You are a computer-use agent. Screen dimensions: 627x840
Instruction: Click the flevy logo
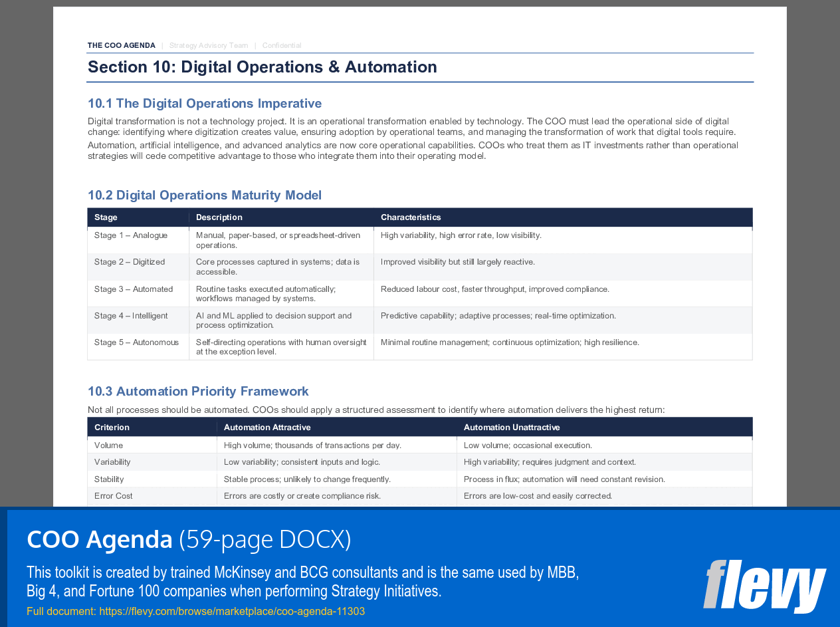pos(764,585)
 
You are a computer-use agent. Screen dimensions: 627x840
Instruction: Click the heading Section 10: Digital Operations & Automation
pos(262,67)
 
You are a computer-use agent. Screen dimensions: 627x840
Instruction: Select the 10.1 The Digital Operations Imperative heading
pos(205,104)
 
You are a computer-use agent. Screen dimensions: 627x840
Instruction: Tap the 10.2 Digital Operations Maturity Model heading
pos(205,195)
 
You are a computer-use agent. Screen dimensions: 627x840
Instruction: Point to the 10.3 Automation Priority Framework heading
pos(198,392)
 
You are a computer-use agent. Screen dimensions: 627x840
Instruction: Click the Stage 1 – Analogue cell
pos(131,235)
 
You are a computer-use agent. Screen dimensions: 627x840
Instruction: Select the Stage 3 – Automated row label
pos(134,289)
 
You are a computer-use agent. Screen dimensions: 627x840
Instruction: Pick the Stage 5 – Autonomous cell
pos(136,342)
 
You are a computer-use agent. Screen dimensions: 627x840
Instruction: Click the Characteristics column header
pos(411,217)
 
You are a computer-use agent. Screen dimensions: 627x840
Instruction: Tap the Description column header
pos(219,217)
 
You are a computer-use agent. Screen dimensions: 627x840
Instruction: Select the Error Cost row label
pos(114,496)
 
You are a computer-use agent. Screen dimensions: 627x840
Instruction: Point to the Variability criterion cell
pos(112,462)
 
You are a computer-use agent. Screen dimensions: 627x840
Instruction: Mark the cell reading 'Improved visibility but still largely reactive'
pos(458,262)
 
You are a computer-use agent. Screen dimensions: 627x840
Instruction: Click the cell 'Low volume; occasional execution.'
pos(528,445)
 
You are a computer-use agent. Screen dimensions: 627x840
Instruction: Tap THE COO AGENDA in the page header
pos(122,46)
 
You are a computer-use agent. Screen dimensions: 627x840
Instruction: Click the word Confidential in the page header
pos(282,46)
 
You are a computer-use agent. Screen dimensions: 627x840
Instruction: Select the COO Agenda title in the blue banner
pos(100,540)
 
